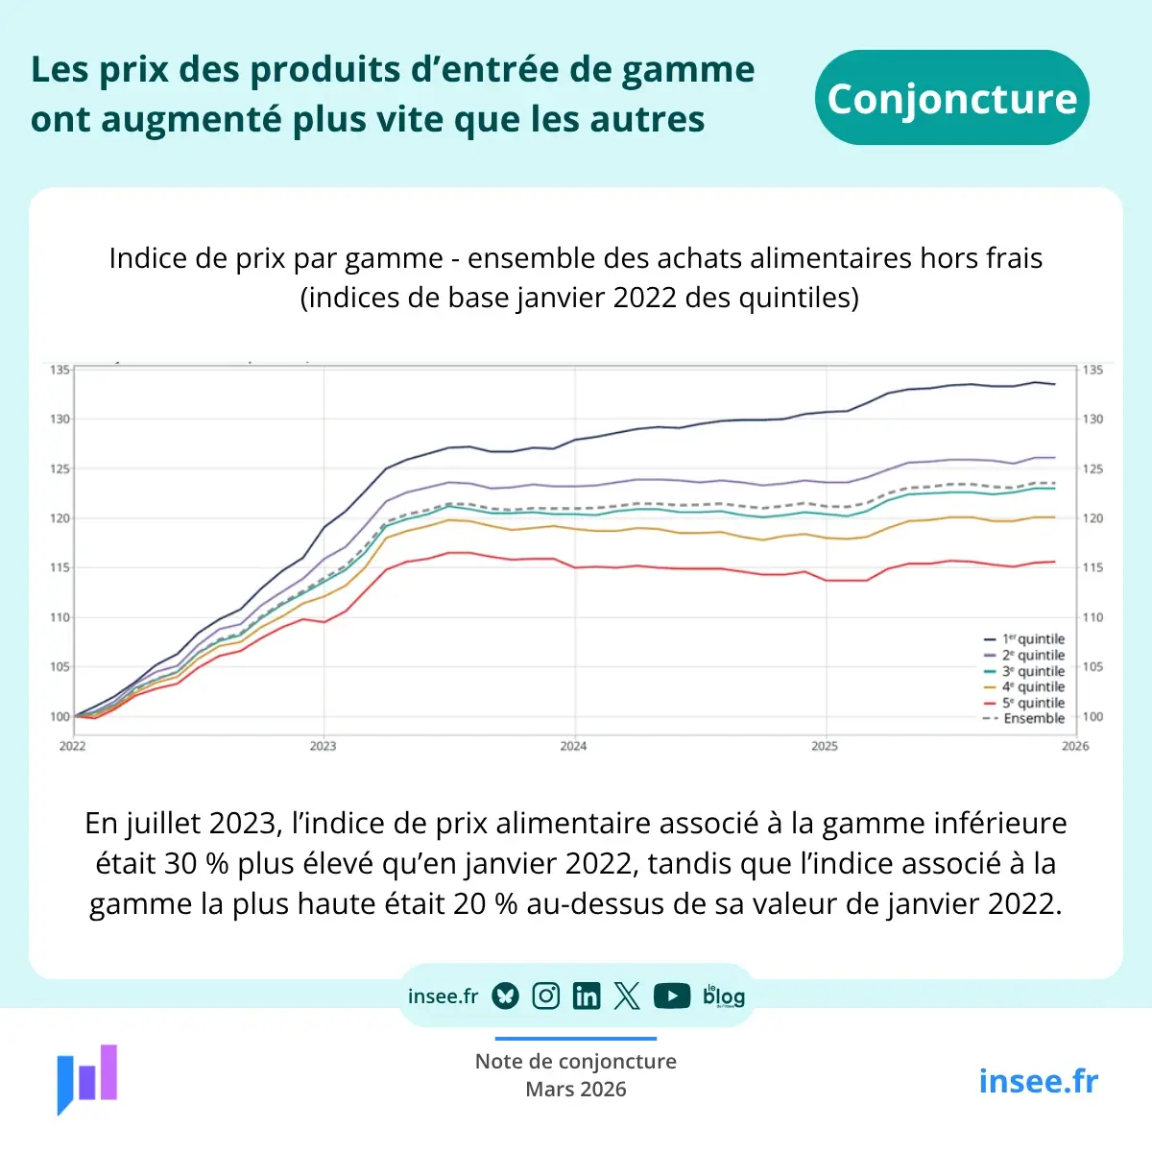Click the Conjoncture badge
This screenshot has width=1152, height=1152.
tap(951, 98)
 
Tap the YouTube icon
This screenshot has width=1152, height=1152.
tap(672, 996)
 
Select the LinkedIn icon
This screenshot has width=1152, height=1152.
tap(586, 996)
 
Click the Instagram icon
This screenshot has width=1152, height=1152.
tap(545, 996)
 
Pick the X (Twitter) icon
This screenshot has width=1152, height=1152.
tap(627, 996)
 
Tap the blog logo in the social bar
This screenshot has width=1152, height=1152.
tap(724, 996)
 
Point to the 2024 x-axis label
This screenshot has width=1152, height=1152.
tap(573, 746)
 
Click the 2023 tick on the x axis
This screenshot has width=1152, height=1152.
tap(323, 746)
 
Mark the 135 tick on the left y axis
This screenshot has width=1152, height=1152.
tap(60, 370)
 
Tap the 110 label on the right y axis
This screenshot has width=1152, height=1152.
tap(1092, 617)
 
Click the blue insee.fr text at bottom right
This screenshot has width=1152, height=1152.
tap(1038, 1081)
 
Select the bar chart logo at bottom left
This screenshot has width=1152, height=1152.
tap(87, 1078)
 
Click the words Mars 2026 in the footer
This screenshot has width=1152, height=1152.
tap(576, 1090)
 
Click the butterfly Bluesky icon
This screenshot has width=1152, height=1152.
tap(506, 996)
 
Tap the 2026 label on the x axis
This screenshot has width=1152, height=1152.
tap(1075, 746)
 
